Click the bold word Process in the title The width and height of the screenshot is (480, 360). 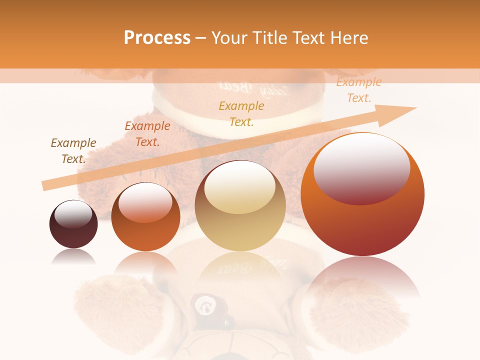point(157,38)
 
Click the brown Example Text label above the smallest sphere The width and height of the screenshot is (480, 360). point(73,151)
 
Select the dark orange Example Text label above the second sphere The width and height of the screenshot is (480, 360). point(147,134)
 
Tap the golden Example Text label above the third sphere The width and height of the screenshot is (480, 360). point(241,113)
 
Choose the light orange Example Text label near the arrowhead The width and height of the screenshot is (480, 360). point(358,90)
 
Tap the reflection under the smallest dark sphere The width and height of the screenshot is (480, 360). point(73,256)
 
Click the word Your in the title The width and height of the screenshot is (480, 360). point(229,38)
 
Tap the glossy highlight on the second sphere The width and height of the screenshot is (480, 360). point(145,202)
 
